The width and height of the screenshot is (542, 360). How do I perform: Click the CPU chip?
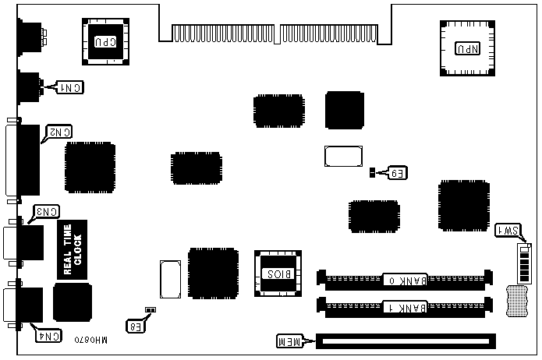tap(105, 38)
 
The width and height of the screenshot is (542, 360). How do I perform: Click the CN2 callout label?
tap(59, 132)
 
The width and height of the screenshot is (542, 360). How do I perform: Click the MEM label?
tap(292, 341)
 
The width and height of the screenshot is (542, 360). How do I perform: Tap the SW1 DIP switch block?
tap(524, 264)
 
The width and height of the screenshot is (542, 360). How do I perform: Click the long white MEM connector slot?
tap(405, 341)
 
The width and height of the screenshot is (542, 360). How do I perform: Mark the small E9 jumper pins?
tap(373, 172)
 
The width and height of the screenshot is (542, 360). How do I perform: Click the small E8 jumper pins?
tap(151, 309)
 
